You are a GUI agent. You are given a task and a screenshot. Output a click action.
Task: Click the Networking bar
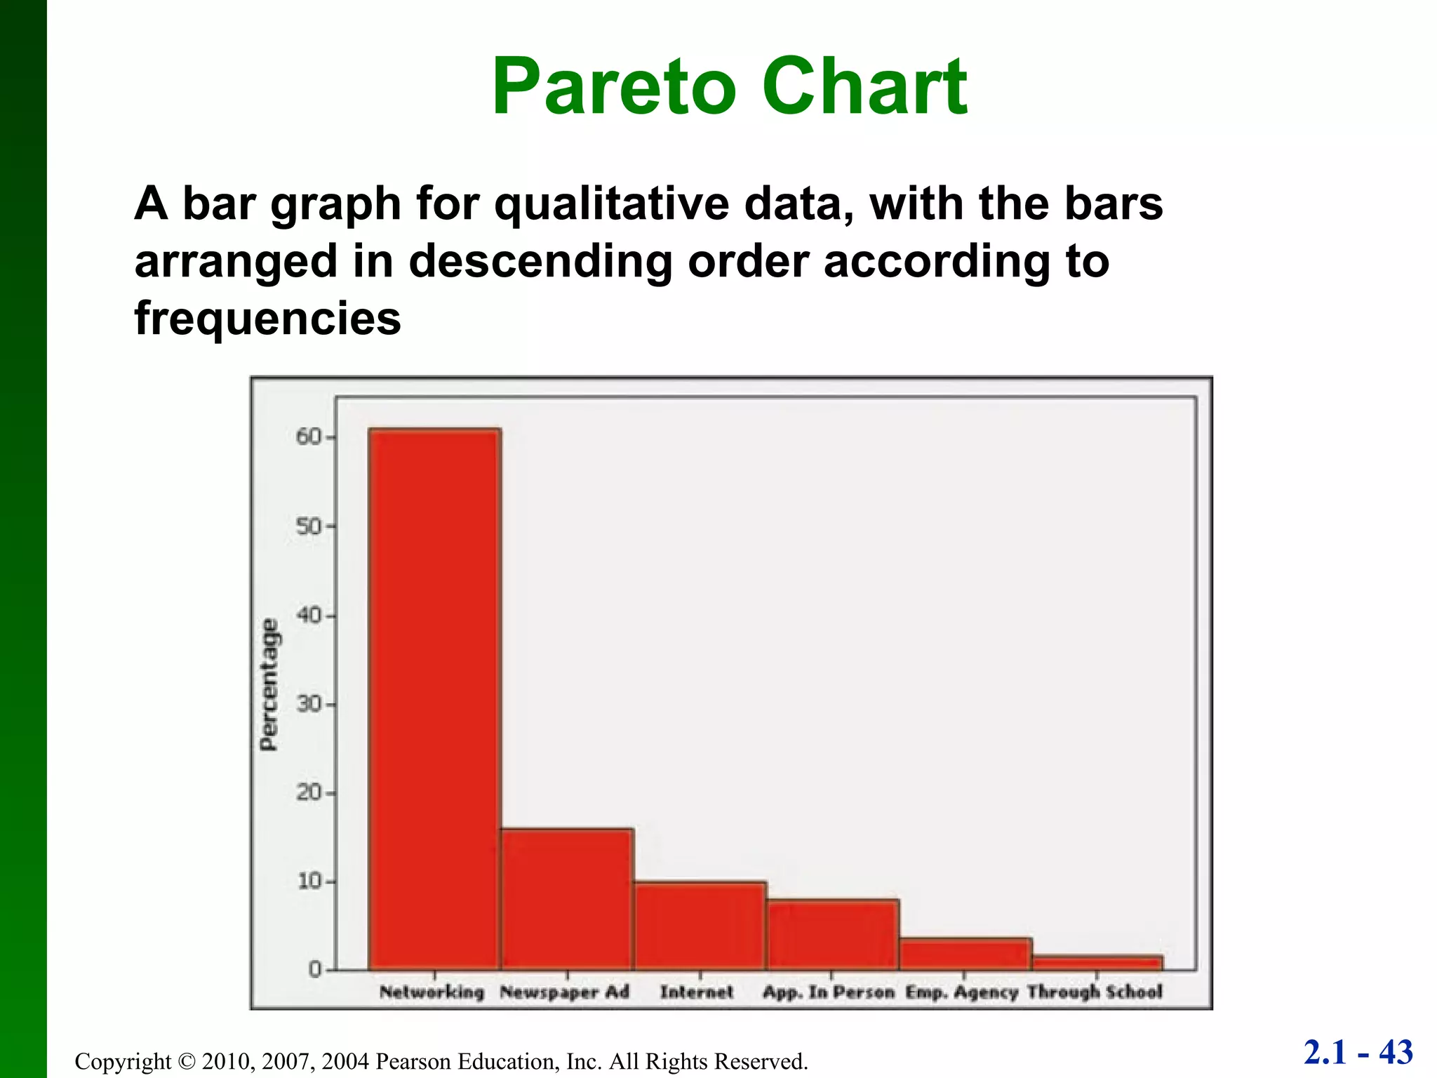click(434, 699)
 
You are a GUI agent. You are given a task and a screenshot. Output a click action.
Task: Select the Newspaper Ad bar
click(567, 899)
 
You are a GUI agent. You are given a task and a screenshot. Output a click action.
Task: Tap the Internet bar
click(700, 926)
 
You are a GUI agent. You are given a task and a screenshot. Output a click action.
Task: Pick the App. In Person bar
click(832, 935)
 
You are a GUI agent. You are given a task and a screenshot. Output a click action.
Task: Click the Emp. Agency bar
click(965, 954)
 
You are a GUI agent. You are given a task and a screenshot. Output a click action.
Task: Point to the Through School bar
click(1097, 963)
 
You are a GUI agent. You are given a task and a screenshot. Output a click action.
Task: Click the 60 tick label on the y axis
click(307, 437)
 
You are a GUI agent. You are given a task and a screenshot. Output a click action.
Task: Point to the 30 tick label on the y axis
click(307, 704)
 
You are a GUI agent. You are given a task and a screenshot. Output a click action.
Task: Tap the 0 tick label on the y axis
click(314, 970)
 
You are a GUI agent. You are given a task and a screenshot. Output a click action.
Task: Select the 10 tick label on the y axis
click(307, 881)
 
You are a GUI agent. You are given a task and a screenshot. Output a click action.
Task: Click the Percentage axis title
click(269, 684)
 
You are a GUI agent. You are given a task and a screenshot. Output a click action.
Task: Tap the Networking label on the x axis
click(432, 992)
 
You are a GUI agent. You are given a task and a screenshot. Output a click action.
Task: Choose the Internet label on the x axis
click(696, 992)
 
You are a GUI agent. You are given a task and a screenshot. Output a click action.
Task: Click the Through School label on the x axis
click(1095, 992)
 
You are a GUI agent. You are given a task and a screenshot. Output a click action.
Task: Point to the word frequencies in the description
click(267, 319)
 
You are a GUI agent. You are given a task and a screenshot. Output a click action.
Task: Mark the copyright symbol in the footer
click(186, 1061)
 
